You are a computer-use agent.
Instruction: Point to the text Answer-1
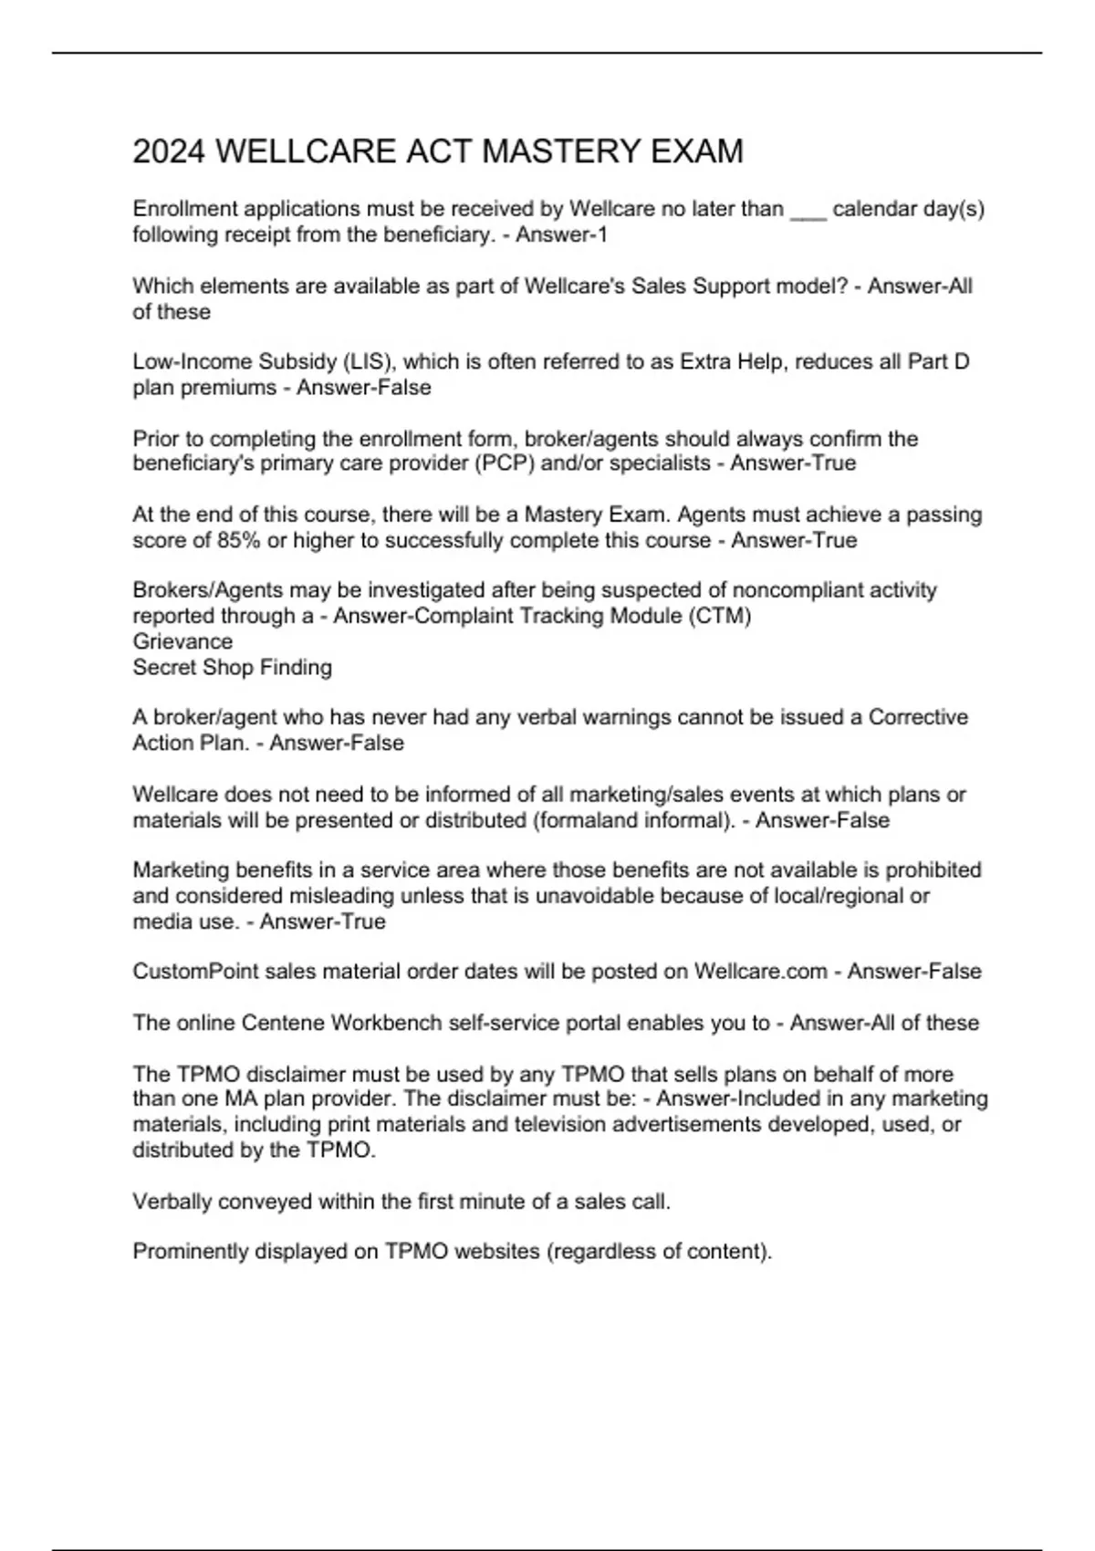click(x=561, y=235)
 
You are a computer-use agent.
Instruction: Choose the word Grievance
click(x=182, y=641)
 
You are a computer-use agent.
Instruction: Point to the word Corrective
click(x=918, y=717)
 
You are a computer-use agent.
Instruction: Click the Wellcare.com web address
click(x=760, y=972)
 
